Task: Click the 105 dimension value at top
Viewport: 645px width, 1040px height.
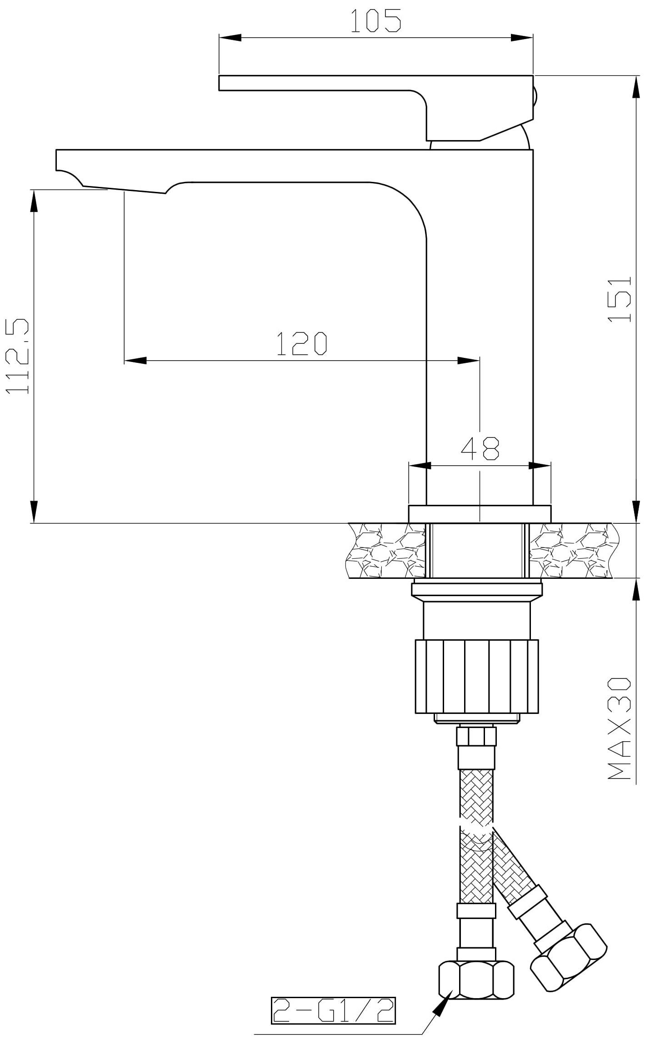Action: point(375,21)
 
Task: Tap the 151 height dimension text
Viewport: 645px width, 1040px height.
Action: point(620,299)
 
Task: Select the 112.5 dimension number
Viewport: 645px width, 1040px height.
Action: point(18,356)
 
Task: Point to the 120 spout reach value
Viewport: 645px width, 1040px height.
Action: point(302,344)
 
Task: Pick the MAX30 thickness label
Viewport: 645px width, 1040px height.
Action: point(620,735)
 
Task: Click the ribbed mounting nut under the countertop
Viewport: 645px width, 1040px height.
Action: point(477,677)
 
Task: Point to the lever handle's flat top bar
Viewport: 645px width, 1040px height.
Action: point(318,83)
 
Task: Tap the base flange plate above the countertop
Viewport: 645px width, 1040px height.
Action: point(480,514)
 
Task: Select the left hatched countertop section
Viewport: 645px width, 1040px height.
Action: point(386,551)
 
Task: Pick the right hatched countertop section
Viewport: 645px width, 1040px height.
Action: point(573,551)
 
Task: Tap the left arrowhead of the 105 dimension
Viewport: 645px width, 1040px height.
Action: point(230,38)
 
